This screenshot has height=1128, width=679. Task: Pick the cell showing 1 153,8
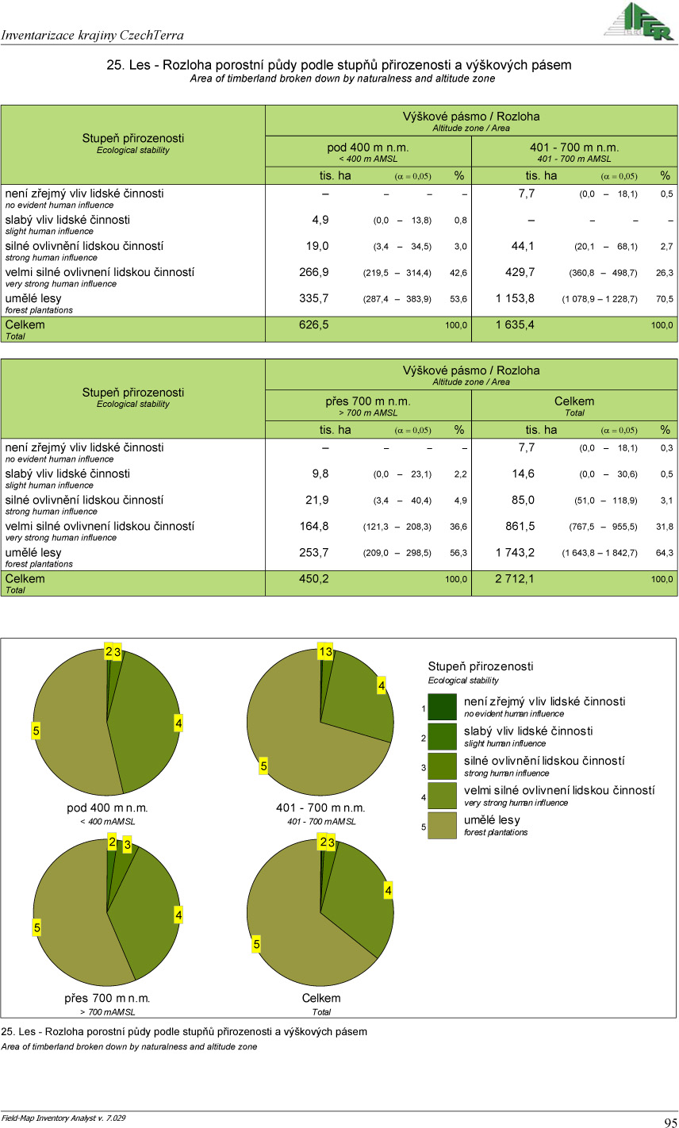pyautogui.click(x=516, y=298)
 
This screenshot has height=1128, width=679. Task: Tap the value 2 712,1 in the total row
pyautogui.click(x=516, y=578)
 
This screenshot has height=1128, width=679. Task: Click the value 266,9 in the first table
pyautogui.click(x=314, y=272)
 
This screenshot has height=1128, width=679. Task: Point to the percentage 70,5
pyautogui.click(x=666, y=299)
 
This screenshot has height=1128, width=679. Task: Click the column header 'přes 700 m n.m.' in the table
pyautogui.click(x=368, y=401)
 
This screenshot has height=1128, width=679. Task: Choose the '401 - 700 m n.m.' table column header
pyautogui.click(x=574, y=148)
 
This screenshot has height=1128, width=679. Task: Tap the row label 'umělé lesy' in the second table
pyautogui.click(x=33, y=552)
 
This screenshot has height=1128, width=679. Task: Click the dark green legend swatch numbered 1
pyautogui.click(x=442, y=707)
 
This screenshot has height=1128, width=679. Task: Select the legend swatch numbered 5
pyautogui.click(x=442, y=826)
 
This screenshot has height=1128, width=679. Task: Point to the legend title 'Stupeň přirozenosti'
pyautogui.click(x=481, y=666)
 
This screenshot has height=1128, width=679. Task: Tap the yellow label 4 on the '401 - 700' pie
pyautogui.click(x=382, y=685)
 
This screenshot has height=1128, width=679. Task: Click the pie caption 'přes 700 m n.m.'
pyautogui.click(x=107, y=998)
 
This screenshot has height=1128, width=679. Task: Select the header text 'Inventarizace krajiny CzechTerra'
pyautogui.click(x=93, y=35)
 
